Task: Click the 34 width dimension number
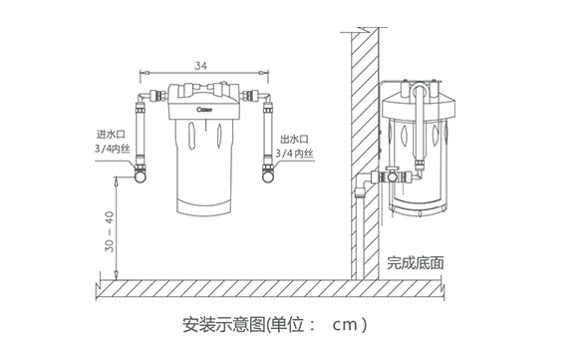(200, 66)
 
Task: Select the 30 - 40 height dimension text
(109, 231)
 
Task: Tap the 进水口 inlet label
(111, 134)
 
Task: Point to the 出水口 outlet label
(294, 140)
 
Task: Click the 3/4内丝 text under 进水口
(113, 149)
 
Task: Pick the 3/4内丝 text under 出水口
(294, 154)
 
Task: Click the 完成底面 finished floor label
(416, 263)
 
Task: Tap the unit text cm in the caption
(345, 325)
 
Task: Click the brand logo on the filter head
(204, 110)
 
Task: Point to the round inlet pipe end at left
(141, 177)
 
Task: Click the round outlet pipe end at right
(268, 177)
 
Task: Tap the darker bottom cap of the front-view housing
(204, 207)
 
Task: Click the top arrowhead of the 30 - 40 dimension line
(117, 180)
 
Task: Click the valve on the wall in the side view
(392, 177)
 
